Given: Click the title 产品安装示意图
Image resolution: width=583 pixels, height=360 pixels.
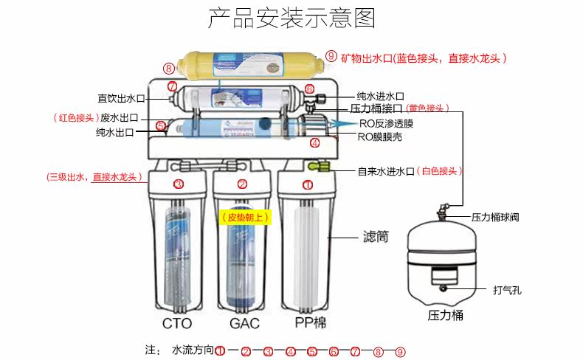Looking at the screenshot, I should pos(291,18).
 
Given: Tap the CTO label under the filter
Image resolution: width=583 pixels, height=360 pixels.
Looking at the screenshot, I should pos(177,323).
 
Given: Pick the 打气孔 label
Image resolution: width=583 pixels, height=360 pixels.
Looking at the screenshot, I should pos(507,290).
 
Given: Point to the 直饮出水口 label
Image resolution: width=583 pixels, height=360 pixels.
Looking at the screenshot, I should pos(121,97).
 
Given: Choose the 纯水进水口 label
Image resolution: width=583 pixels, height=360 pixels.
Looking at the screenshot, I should pos(380,96).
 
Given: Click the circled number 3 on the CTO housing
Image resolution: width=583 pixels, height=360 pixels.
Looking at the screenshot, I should pos(178,184).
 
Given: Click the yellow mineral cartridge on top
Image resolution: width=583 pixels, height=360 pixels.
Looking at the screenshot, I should pos(248,66).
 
